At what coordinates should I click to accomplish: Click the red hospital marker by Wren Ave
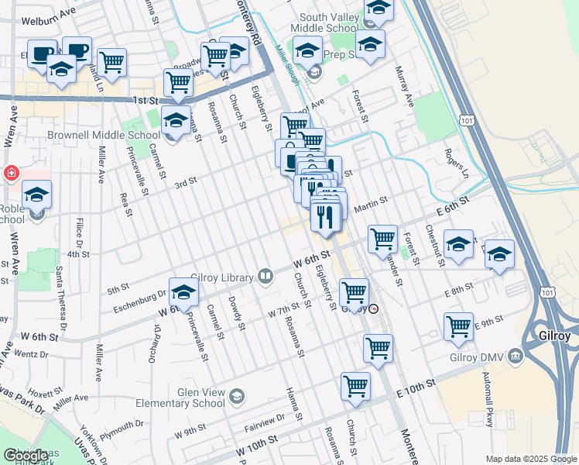click(x=12, y=172)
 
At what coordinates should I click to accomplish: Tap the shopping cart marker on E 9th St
click(x=459, y=326)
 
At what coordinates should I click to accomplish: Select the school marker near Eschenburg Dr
click(x=184, y=292)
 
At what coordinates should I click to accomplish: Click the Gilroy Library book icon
click(x=266, y=275)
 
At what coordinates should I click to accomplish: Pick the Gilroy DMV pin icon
click(x=516, y=357)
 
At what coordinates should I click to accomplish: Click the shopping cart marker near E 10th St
click(x=355, y=385)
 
